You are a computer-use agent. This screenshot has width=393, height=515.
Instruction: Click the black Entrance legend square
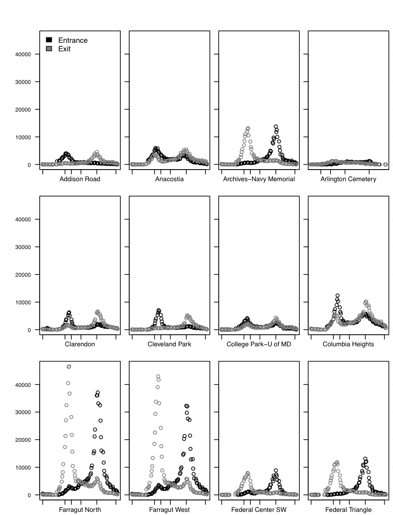(x=49, y=40)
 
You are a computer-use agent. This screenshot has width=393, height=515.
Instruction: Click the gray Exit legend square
(x=49, y=49)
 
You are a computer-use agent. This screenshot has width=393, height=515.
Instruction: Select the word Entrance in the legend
(x=73, y=40)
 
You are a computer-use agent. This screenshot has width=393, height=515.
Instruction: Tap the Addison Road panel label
(x=80, y=179)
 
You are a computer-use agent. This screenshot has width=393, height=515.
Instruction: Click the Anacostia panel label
(x=169, y=179)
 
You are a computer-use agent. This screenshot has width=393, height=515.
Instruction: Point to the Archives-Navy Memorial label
(x=258, y=179)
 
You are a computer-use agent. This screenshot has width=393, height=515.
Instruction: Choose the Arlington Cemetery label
(x=348, y=179)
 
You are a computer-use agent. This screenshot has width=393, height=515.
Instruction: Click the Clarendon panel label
(x=80, y=345)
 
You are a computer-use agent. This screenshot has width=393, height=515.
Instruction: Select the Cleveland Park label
(x=169, y=345)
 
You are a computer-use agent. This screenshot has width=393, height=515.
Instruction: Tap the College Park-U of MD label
(x=258, y=345)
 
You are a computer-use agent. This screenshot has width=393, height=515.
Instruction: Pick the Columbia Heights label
(x=348, y=345)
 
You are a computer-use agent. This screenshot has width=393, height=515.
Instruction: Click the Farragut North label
(x=80, y=510)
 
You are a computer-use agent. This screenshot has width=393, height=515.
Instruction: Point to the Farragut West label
(x=169, y=510)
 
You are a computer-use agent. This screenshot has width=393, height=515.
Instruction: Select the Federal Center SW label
(x=258, y=510)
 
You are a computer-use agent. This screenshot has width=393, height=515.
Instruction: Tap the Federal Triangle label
(x=348, y=510)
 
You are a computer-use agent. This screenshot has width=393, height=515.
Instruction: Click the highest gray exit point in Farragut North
(x=69, y=366)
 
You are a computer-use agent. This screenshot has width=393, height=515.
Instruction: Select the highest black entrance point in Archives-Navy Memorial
(x=276, y=127)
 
